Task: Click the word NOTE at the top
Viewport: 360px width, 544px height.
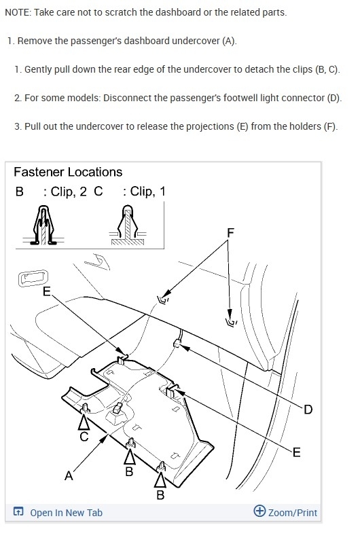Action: click(18, 12)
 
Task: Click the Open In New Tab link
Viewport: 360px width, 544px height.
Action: click(67, 513)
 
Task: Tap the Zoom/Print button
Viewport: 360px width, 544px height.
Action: click(293, 513)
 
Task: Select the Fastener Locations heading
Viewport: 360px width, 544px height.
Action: click(68, 172)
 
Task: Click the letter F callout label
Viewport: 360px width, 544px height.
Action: click(230, 232)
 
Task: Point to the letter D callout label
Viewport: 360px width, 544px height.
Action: click(308, 410)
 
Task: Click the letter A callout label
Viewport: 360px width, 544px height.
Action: click(69, 475)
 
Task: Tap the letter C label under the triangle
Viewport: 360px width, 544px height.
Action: click(84, 436)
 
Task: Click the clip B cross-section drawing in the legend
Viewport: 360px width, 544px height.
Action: click(43, 225)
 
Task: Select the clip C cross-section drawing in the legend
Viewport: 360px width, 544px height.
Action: click(128, 225)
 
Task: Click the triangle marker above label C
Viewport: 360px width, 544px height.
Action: click(84, 422)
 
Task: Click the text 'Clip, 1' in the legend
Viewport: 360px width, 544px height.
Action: click(148, 192)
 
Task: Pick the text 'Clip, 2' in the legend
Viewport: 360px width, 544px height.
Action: click(69, 192)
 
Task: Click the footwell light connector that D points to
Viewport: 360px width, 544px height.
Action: click(177, 343)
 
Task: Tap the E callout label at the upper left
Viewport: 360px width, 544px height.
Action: click(46, 291)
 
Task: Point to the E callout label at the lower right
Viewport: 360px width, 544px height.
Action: click(296, 452)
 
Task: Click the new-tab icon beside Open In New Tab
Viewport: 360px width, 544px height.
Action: click(18, 511)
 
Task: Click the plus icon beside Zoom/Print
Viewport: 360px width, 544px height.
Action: click(259, 511)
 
